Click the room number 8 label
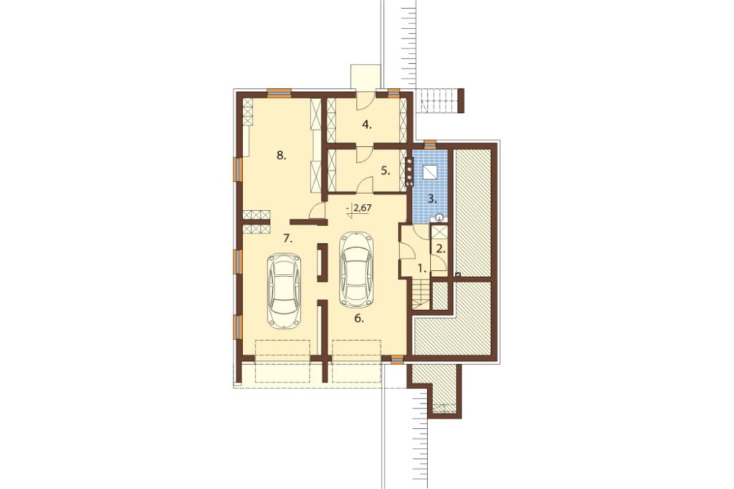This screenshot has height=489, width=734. click(x=281, y=155)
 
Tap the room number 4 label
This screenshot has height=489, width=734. click(x=367, y=124)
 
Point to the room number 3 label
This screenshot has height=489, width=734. click(x=433, y=198)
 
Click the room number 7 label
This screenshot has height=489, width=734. click(x=288, y=238)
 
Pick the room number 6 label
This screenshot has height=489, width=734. click(x=358, y=318)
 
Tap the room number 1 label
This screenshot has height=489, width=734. click(x=421, y=269)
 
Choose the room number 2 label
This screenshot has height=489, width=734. click(x=440, y=248)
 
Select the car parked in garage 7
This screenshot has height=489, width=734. click(x=283, y=290)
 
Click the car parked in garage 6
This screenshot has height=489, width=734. click(x=356, y=269)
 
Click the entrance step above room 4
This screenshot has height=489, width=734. click(x=365, y=76)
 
